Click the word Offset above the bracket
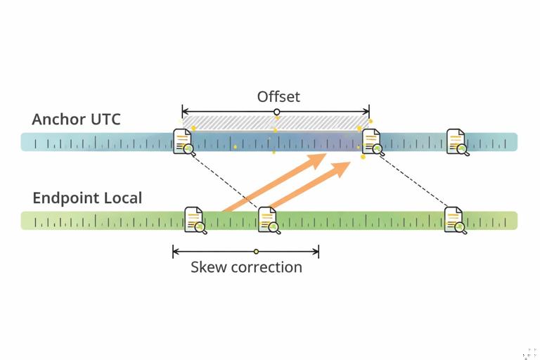tap(278, 96)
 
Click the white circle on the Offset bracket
tap(276, 112)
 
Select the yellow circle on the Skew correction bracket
tap(256, 251)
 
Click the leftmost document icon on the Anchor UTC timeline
tap(184, 141)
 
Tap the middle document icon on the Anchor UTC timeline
tap(371, 141)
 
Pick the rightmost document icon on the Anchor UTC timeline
tap(456, 141)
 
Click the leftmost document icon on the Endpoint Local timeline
tap(194, 219)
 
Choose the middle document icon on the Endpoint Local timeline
tap(269, 219)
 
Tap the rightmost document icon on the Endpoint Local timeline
tap(454, 219)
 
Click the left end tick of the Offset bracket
tap(182, 112)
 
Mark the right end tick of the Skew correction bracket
tap(319, 251)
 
